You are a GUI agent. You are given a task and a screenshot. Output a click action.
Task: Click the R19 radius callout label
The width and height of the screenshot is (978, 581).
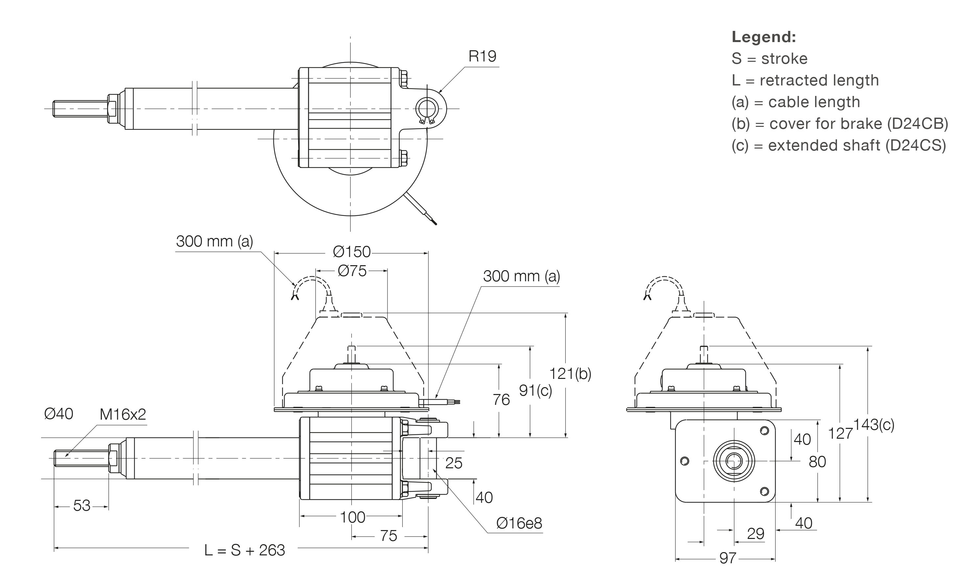pyautogui.click(x=482, y=57)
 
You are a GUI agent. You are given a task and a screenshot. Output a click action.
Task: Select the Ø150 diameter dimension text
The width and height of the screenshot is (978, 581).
pyautogui.click(x=351, y=252)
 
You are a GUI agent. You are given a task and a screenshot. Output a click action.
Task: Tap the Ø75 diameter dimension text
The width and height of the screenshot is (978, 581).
pyautogui.click(x=352, y=271)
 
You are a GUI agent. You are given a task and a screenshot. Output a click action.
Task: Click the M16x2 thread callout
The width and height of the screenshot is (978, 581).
pyautogui.click(x=123, y=414)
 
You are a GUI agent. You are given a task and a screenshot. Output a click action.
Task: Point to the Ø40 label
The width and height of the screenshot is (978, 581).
pyautogui.click(x=59, y=414)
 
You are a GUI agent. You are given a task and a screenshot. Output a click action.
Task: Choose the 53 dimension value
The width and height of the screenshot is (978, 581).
pyautogui.click(x=81, y=506)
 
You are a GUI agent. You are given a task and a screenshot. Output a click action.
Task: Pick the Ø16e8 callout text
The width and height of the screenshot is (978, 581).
pyautogui.click(x=519, y=523)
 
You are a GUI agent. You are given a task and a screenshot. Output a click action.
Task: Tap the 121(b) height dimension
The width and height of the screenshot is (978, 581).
pyautogui.click(x=570, y=374)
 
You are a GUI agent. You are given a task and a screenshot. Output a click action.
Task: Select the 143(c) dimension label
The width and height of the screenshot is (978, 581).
pyautogui.click(x=873, y=425)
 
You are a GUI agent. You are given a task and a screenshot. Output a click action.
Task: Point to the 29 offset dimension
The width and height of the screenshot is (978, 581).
pyautogui.click(x=755, y=534)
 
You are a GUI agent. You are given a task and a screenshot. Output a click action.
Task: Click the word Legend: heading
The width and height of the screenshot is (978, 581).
pyautogui.click(x=763, y=37)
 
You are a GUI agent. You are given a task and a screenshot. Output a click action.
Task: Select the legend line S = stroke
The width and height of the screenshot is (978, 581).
pyautogui.click(x=769, y=59)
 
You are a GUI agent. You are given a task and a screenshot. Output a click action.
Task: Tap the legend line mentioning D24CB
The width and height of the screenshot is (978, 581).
pyautogui.click(x=839, y=124)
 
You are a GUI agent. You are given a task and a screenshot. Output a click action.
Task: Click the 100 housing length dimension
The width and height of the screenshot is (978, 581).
pyautogui.click(x=352, y=518)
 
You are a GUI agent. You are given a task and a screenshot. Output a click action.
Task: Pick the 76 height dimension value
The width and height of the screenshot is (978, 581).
pyautogui.click(x=501, y=400)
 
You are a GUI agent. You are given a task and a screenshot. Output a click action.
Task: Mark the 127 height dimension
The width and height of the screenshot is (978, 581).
pyautogui.click(x=840, y=433)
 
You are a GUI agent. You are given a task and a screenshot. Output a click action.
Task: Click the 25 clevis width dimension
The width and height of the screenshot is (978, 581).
pyautogui.click(x=454, y=463)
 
